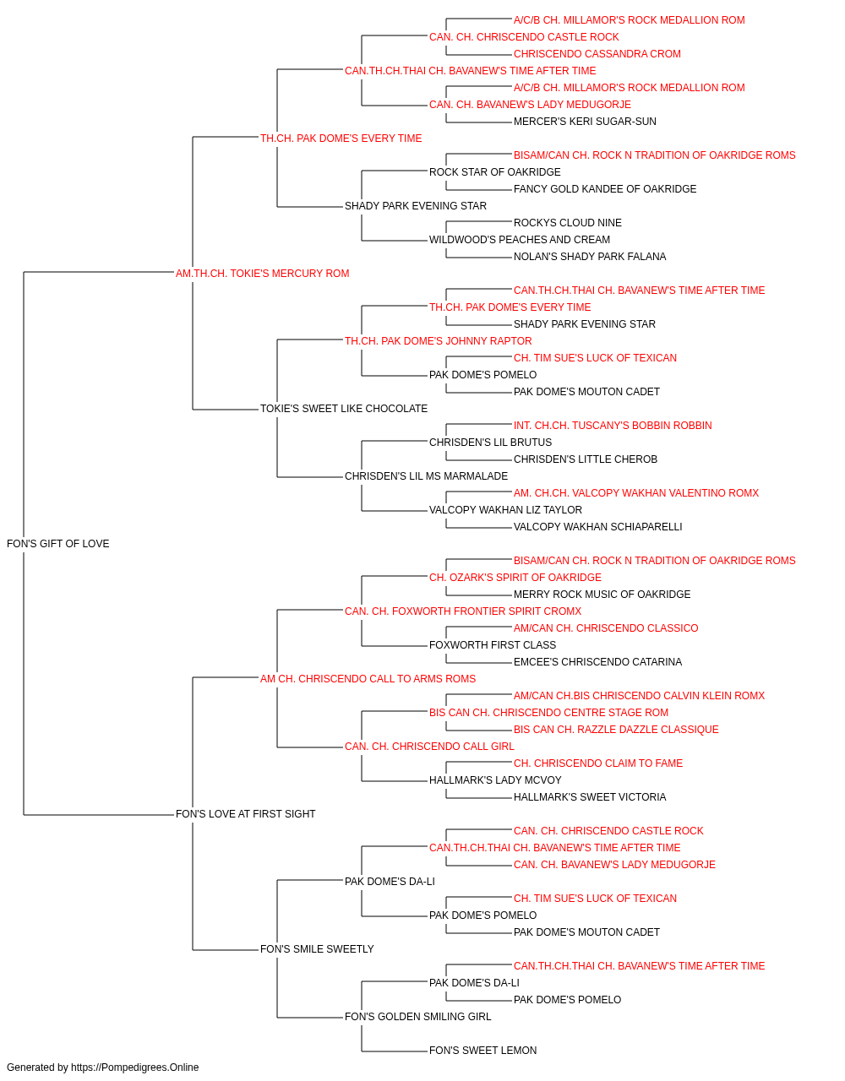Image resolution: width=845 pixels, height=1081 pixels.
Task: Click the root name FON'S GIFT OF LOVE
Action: (x=57, y=543)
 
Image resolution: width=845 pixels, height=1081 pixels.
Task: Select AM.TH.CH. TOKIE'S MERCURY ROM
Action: (x=262, y=273)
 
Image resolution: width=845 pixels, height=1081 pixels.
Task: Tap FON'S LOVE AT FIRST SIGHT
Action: (x=245, y=813)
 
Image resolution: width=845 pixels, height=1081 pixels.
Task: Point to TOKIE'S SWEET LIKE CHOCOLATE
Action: (x=343, y=409)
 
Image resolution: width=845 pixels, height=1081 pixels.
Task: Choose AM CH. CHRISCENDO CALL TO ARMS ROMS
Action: (x=368, y=678)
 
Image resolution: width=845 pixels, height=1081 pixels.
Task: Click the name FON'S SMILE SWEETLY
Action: (x=317, y=948)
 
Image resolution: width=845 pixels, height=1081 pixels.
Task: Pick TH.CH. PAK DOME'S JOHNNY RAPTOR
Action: (x=438, y=340)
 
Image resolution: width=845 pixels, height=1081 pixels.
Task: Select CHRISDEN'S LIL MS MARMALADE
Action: (x=426, y=476)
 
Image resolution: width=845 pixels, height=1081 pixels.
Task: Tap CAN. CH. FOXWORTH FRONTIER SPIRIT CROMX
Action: (x=463, y=611)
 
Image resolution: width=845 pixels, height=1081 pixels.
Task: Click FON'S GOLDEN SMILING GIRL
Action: (x=417, y=1016)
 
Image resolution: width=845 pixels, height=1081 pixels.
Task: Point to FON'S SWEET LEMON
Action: (x=482, y=1050)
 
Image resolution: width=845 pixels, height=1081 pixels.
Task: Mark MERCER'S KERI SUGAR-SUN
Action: (x=585, y=122)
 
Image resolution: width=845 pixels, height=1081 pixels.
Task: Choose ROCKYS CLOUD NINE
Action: (x=567, y=222)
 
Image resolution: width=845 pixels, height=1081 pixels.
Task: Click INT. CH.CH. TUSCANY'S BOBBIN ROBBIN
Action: (x=613, y=426)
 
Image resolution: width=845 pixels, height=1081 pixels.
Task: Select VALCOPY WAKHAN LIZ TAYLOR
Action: (x=505, y=510)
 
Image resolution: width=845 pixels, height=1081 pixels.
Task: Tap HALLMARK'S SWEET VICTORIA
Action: (x=590, y=797)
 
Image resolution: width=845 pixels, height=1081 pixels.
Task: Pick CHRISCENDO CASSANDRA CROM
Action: (x=597, y=54)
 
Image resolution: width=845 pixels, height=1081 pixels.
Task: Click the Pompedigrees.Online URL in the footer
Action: (x=134, y=1067)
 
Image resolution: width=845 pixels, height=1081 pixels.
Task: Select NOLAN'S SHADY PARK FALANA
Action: (x=590, y=256)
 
